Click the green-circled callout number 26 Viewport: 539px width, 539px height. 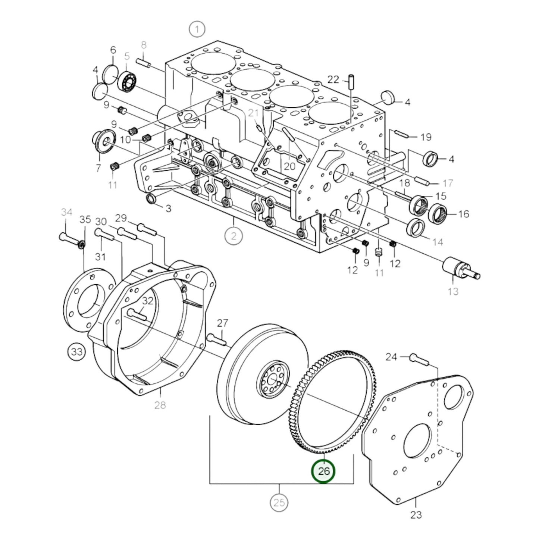pos(323,471)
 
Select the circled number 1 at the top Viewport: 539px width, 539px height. pos(197,29)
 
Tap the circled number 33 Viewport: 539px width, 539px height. pos(76,352)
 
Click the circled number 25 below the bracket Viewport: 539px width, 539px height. pos(279,503)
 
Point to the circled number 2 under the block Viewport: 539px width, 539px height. pos(234,236)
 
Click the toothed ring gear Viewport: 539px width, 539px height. pos(369,395)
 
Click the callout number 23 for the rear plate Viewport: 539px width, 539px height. pos(416,515)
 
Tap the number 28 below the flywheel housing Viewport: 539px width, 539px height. pos(160,405)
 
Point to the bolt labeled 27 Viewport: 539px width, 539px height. pos(216,339)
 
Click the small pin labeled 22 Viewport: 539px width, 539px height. pos(351,82)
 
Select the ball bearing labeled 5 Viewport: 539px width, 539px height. pos(128,81)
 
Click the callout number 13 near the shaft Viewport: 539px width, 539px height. pos(453,291)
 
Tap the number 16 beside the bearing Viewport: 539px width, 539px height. pos(464,214)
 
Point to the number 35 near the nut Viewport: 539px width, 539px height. pos(85,219)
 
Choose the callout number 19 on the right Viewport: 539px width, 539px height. pos(426,137)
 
